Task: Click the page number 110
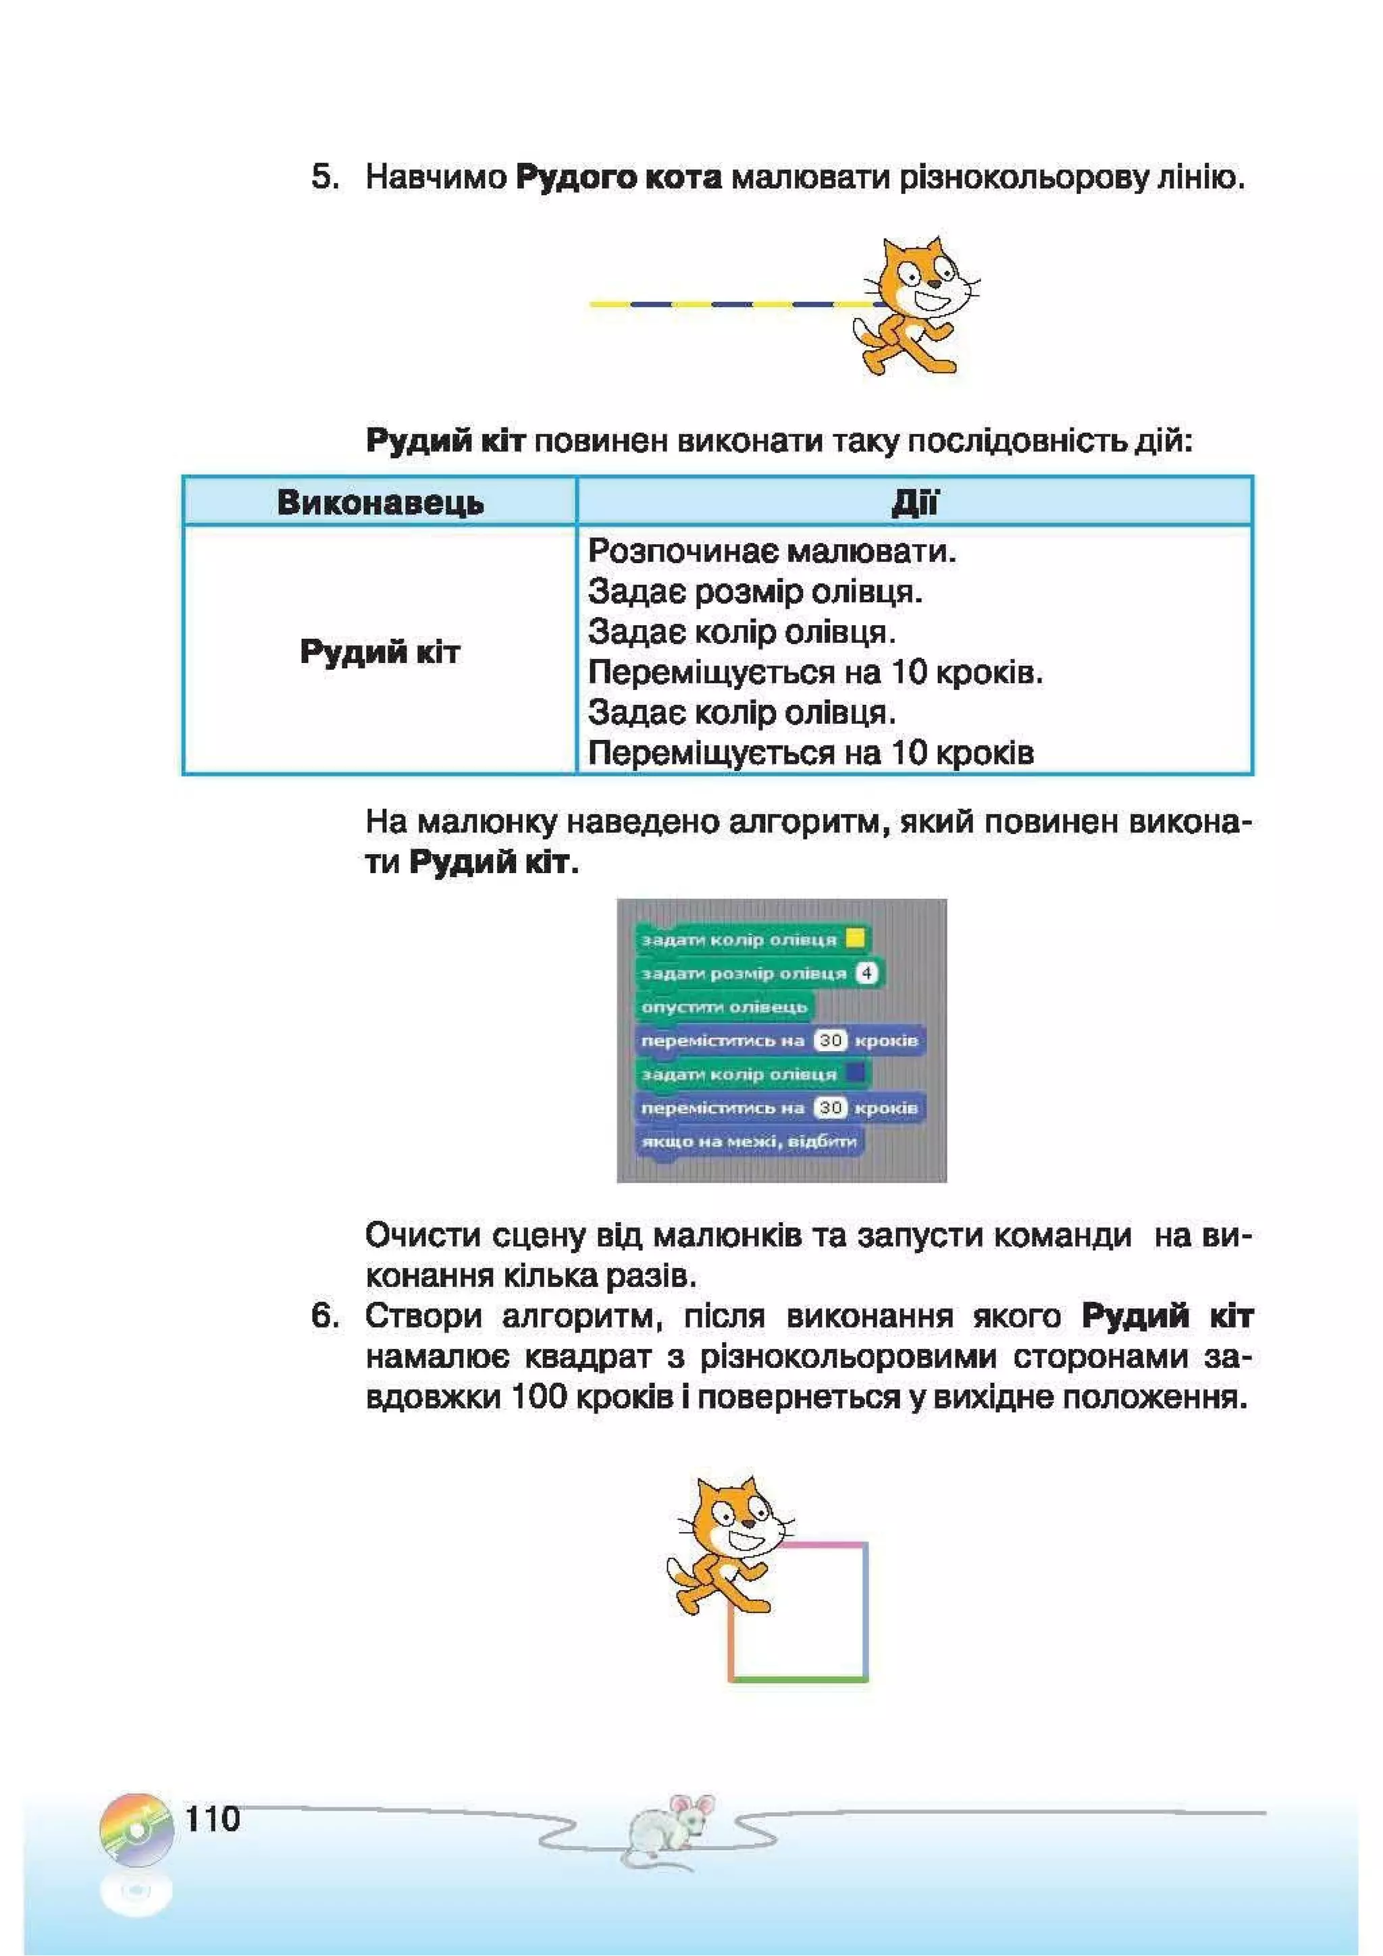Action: coord(213,1819)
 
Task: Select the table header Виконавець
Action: coord(380,502)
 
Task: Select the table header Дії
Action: coord(914,502)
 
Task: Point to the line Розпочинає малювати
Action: coord(772,551)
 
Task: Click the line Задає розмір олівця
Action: coord(755,591)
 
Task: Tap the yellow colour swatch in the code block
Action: coord(855,939)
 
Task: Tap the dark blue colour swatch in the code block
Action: coord(855,1073)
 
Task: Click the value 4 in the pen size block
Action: coord(866,973)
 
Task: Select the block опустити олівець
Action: coord(725,1007)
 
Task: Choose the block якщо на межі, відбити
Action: coord(749,1140)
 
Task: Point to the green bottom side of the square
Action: coord(798,1679)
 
